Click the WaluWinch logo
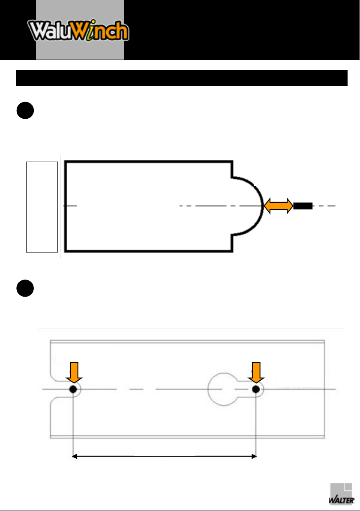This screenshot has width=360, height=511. (x=78, y=30)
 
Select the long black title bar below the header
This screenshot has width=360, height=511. (x=181, y=78)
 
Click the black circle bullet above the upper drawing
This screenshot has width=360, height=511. (x=25, y=111)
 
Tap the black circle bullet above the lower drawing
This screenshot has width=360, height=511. (x=25, y=288)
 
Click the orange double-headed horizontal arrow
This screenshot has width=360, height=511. (x=278, y=206)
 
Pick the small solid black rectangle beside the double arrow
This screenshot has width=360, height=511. (x=303, y=206)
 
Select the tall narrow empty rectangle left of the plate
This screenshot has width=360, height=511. (x=42, y=207)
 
